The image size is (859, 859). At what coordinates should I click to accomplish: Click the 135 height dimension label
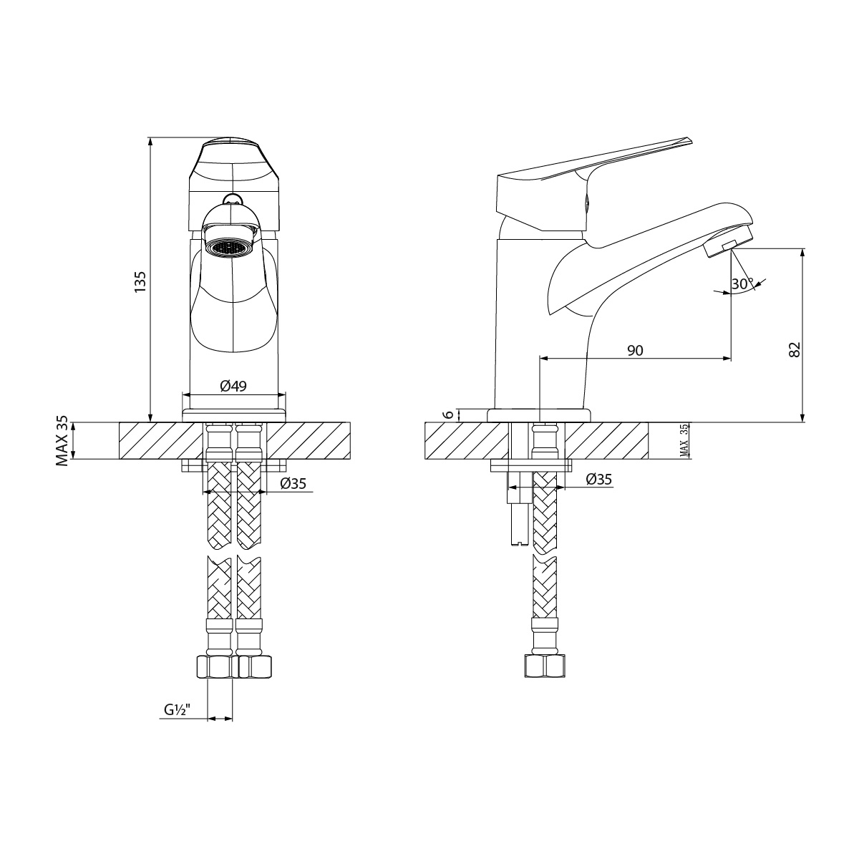(x=141, y=281)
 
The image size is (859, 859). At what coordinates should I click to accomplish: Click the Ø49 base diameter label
(x=233, y=386)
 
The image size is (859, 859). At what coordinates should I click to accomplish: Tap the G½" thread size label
(x=175, y=711)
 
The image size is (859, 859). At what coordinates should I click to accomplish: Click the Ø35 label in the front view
(x=293, y=483)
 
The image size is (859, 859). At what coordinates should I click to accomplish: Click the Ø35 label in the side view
(x=599, y=480)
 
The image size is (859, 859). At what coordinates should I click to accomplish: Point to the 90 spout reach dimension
(x=635, y=350)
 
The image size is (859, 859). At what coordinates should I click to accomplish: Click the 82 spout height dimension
(x=794, y=349)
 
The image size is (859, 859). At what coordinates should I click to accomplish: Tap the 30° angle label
(x=742, y=283)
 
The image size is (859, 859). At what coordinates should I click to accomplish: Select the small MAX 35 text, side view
(x=684, y=440)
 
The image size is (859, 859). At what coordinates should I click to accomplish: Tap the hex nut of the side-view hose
(x=545, y=666)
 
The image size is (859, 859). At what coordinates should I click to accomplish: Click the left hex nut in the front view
(x=215, y=667)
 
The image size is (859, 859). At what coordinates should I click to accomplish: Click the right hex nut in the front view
(x=253, y=667)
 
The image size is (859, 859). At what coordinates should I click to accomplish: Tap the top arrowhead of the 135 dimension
(x=150, y=141)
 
